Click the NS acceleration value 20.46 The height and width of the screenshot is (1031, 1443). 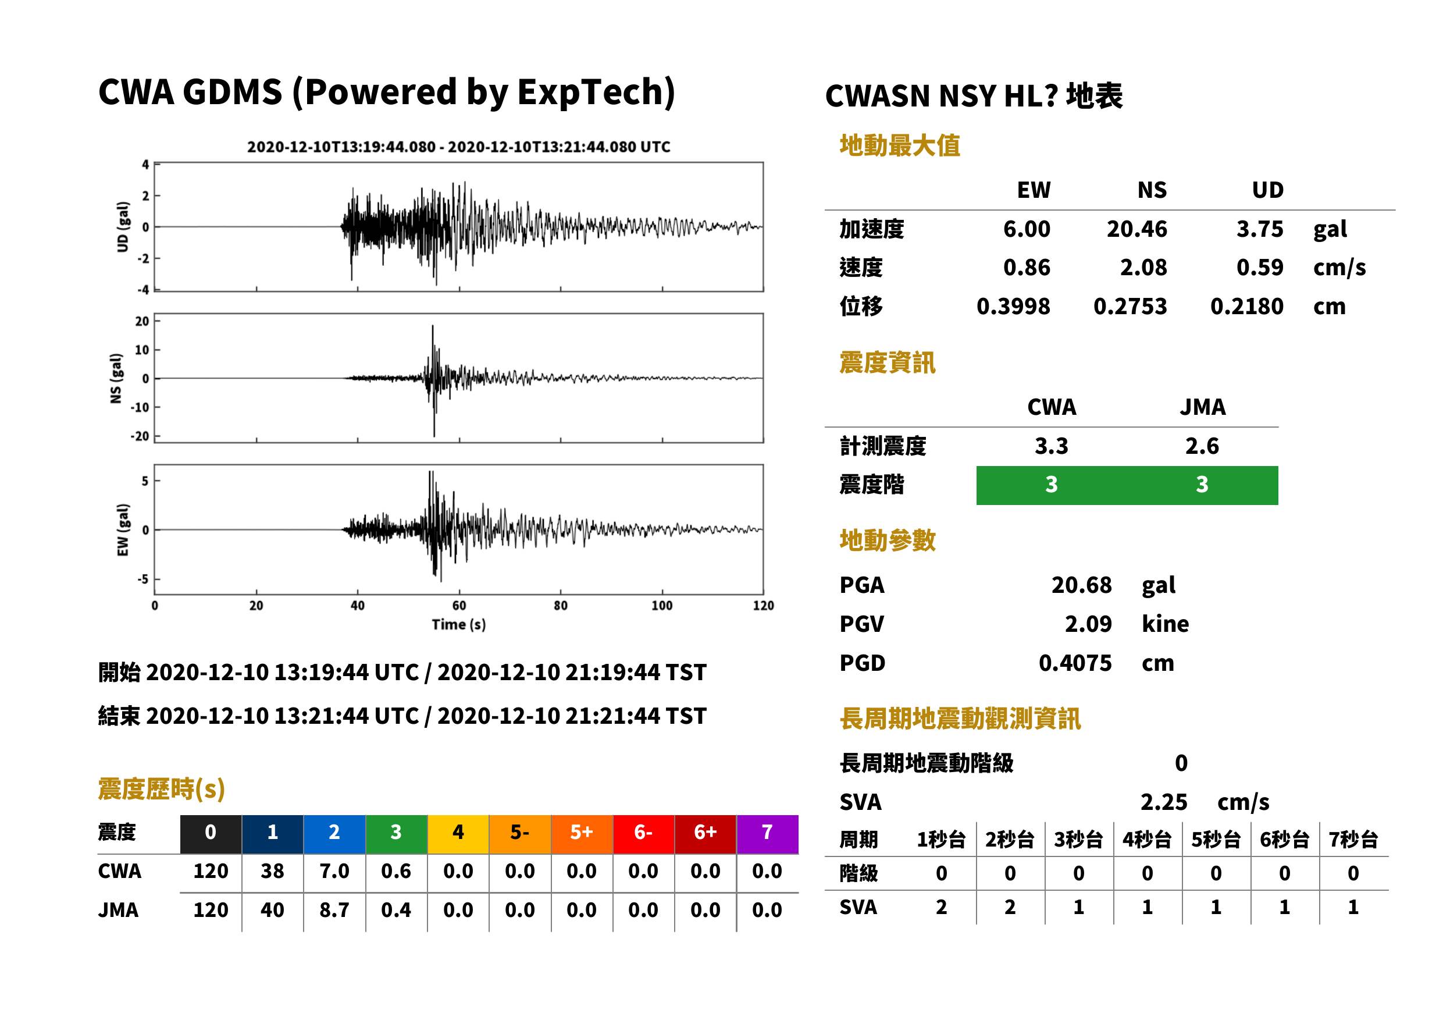tap(1136, 229)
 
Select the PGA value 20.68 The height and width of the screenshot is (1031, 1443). tap(1081, 585)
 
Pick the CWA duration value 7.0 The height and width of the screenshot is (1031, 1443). tap(334, 871)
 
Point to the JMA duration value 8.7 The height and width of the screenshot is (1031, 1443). tap(334, 910)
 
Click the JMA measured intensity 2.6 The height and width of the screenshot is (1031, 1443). tap(1202, 446)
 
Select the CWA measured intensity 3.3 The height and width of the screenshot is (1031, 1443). tap(1052, 446)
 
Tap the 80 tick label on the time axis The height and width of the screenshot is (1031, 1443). tap(560, 606)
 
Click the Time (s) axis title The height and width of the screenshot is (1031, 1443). tap(459, 625)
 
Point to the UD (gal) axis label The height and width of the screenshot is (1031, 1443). tap(123, 227)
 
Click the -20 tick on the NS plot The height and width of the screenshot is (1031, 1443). tap(140, 436)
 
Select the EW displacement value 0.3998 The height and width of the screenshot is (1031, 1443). tap(1013, 307)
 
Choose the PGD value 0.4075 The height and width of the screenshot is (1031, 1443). tap(1075, 663)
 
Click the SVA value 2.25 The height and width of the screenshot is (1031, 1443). tap(1164, 802)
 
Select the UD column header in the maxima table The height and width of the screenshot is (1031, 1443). tap(1268, 190)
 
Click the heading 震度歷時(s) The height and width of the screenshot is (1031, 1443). tap(162, 789)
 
